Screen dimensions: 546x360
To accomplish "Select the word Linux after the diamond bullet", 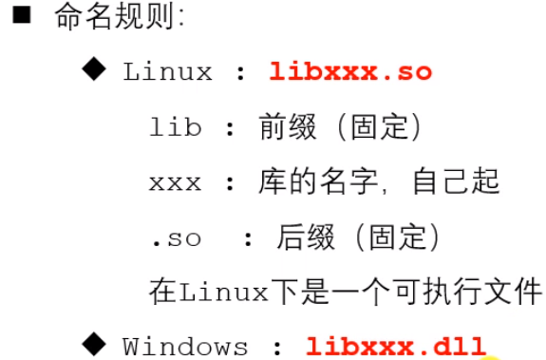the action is (x=166, y=72).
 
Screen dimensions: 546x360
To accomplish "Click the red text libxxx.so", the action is (x=350, y=72).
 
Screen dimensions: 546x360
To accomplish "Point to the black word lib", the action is (x=176, y=128).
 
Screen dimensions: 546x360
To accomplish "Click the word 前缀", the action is (x=280, y=128).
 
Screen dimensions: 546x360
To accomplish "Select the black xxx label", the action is (x=176, y=183).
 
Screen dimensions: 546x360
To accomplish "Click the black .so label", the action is (x=176, y=237).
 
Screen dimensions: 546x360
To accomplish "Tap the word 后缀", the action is (x=303, y=237).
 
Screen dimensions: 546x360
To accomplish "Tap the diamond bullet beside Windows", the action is (x=95, y=342).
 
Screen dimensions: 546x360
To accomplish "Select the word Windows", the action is (x=185, y=347).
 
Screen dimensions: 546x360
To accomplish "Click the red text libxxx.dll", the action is (x=396, y=347).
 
